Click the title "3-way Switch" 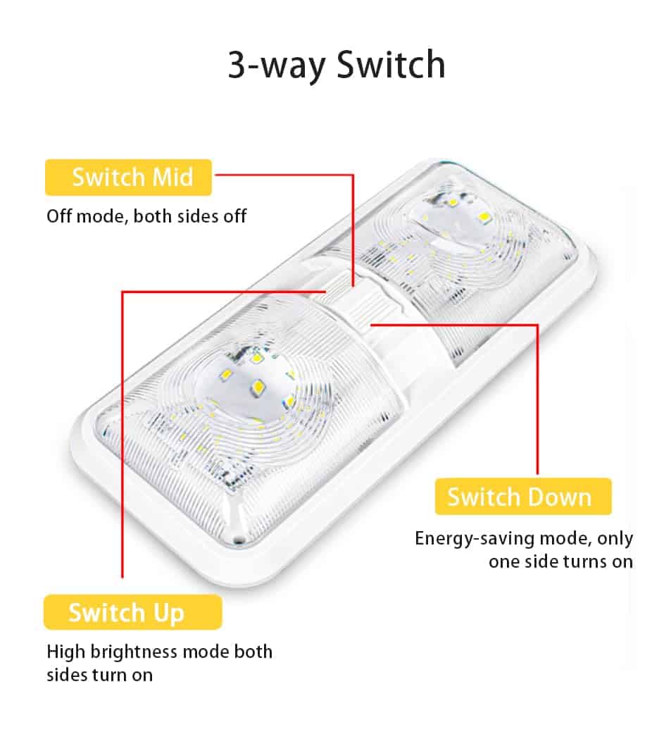point(336,65)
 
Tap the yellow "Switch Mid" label point(129,177)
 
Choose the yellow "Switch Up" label point(127,612)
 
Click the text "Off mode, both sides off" point(146,216)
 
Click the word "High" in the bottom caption point(64,651)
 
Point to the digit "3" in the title point(237,66)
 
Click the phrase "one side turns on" point(560,561)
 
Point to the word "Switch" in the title point(391,65)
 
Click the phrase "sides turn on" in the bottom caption point(99,674)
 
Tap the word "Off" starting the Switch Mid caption point(59,216)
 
